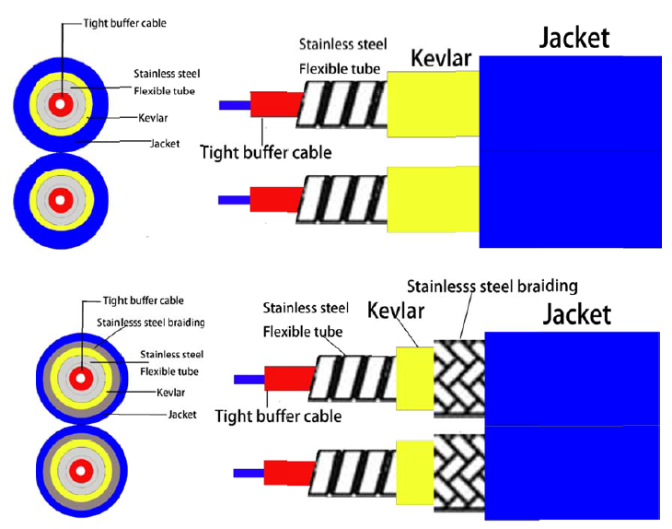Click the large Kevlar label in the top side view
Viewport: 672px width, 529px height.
[x=441, y=58]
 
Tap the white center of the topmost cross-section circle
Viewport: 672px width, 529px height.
[x=60, y=104]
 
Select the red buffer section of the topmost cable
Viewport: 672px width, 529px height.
[x=276, y=104]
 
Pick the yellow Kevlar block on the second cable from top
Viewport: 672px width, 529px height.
[x=433, y=199]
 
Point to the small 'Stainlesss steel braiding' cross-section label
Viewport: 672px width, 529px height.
[x=150, y=323]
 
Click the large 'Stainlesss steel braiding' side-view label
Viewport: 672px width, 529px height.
[x=492, y=287]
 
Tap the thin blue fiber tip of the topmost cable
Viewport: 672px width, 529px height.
[x=235, y=105]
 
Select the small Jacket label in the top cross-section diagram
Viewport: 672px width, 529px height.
[x=165, y=143]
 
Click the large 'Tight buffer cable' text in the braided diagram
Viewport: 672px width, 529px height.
[x=278, y=416]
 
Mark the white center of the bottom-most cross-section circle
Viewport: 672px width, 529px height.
[x=81, y=471]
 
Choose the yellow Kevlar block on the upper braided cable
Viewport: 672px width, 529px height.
[x=415, y=379]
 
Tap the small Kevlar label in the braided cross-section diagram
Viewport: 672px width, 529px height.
[x=170, y=392]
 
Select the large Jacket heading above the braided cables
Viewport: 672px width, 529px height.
[x=577, y=315]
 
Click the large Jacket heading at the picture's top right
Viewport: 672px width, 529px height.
[x=574, y=38]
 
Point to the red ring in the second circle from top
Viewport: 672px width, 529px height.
[x=60, y=200]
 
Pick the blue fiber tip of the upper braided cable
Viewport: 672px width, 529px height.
[x=249, y=380]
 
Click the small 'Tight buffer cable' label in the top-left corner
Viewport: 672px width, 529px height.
[x=124, y=23]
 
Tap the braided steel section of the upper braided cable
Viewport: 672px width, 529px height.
[x=459, y=379]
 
